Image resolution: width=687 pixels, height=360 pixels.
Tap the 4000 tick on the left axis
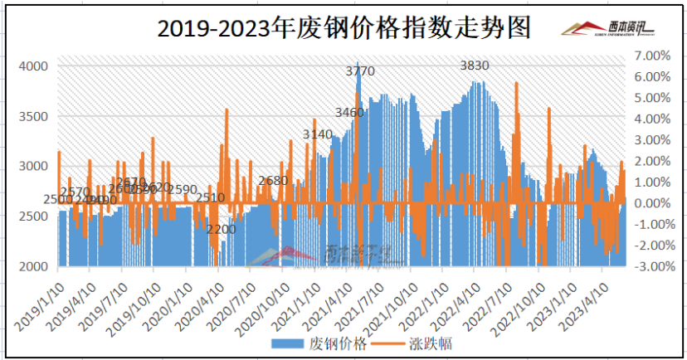(33, 66)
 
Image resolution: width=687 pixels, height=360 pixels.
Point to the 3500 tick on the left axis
(33, 116)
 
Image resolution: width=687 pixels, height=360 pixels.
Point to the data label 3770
(360, 72)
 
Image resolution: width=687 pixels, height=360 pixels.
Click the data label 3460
(349, 112)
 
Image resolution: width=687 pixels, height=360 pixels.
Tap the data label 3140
(318, 134)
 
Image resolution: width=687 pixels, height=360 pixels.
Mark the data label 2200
(222, 229)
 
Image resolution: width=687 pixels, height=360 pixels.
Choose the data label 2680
(273, 181)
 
